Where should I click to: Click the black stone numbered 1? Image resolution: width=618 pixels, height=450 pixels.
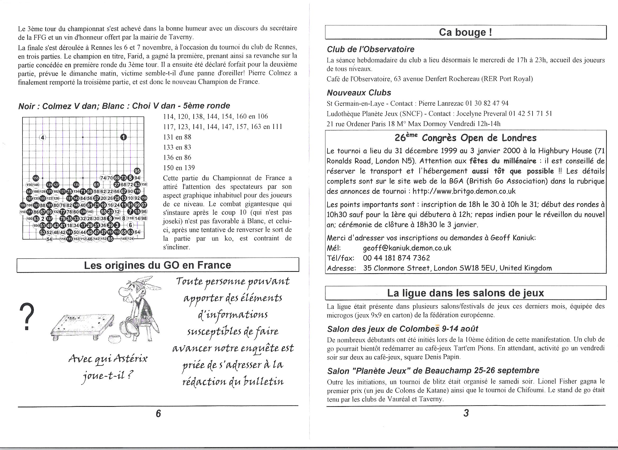124,137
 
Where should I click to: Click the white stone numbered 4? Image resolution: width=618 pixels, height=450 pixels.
43,137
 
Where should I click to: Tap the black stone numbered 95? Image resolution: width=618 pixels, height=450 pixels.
137,171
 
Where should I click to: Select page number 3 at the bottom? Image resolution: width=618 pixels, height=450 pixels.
466,413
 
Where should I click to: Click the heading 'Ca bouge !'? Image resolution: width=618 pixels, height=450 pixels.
465,33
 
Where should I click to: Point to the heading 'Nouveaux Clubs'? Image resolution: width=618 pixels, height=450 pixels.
359,93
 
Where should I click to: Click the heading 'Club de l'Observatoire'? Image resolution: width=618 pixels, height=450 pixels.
370,49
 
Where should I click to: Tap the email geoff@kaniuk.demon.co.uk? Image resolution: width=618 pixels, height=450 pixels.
407,248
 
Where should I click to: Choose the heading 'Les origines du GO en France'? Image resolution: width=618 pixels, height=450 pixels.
157,265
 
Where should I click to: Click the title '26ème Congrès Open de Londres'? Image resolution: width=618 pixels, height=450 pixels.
465,138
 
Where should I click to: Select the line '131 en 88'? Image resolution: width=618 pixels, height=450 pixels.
177,137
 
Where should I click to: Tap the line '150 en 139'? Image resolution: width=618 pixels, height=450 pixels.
179,168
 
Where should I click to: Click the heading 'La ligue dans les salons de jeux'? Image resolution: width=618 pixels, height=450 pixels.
465,293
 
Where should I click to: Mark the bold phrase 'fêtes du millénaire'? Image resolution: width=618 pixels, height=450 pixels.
503,161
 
